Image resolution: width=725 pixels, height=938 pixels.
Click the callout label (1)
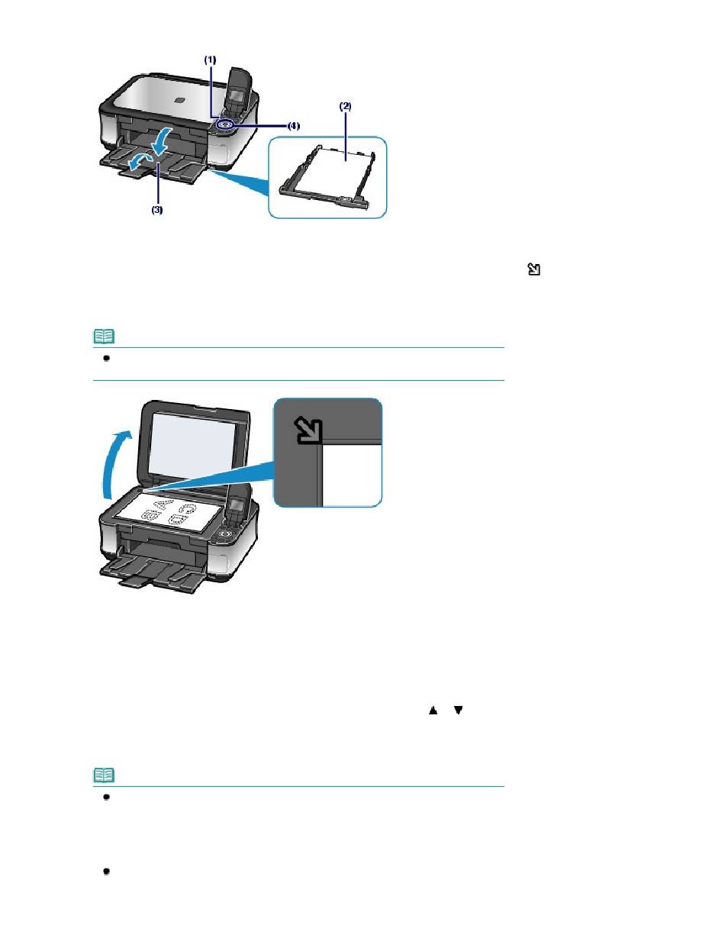[210, 58]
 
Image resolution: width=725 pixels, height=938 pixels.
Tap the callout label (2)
[345, 108]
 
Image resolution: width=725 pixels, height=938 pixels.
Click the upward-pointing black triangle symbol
[433, 710]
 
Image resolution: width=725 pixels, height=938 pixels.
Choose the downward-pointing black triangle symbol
[458, 710]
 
